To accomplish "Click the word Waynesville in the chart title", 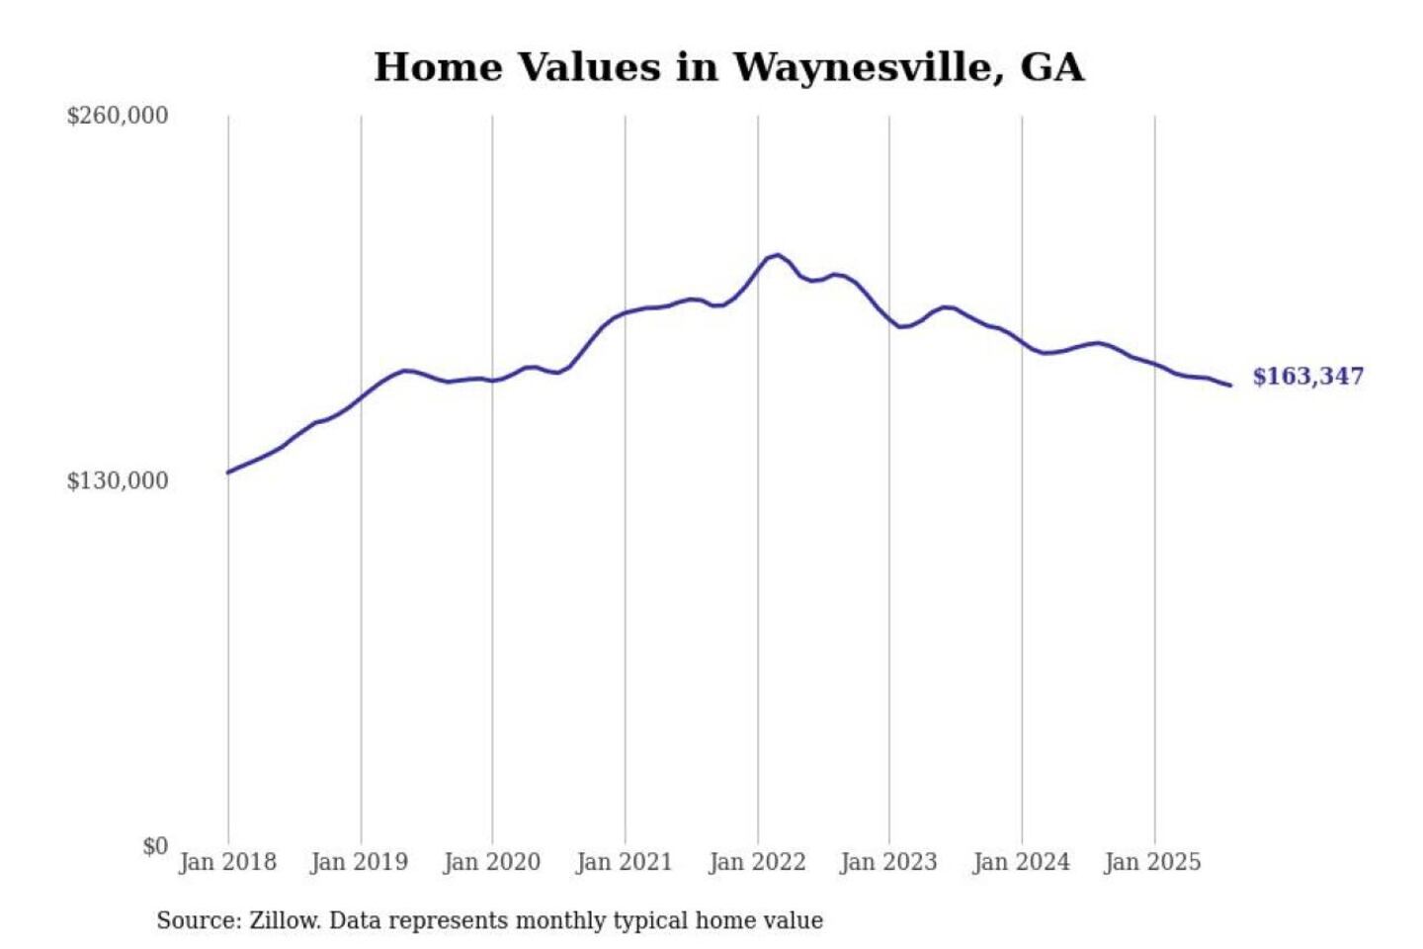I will click(x=862, y=67).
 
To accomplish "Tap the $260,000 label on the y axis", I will click(x=118, y=116).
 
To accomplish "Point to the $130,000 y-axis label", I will click(x=118, y=481).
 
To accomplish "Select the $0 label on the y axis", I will click(x=155, y=846).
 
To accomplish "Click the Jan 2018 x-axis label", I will click(x=227, y=862).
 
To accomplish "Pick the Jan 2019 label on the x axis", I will click(x=359, y=862).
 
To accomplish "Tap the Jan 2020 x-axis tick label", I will click(x=491, y=862).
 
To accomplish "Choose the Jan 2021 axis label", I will click(x=624, y=862).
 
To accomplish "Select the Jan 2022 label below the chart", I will click(x=757, y=862).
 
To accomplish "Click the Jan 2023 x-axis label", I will click(x=888, y=862).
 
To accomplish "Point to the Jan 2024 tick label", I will click(x=1021, y=862).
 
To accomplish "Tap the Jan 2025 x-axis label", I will click(x=1152, y=862).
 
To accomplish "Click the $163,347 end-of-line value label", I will click(x=1307, y=377).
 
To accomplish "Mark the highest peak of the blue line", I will click(x=778, y=255).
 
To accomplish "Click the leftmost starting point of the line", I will click(x=228, y=473).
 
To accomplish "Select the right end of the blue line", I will click(x=1230, y=386).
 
